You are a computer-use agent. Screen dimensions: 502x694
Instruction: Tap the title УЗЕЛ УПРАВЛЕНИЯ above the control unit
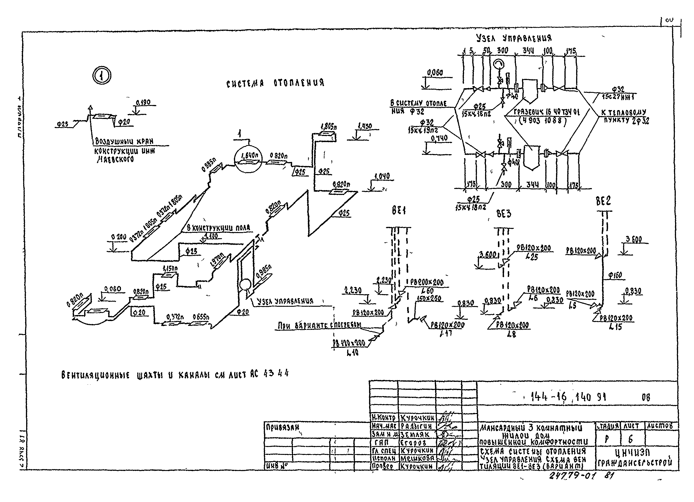pyautogui.click(x=514, y=38)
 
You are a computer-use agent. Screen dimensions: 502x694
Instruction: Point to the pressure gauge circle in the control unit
pyautogui.click(x=499, y=64)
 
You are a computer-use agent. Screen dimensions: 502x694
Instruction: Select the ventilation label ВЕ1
pyautogui.click(x=398, y=211)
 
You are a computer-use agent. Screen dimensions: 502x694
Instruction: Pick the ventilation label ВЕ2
pyautogui.click(x=603, y=201)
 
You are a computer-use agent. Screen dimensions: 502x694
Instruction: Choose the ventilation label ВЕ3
pyautogui.click(x=504, y=214)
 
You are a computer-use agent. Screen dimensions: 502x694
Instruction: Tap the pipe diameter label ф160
pyautogui.click(x=615, y=275)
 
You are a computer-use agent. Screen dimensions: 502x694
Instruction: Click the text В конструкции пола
pyautogui.click(x=218, y=228)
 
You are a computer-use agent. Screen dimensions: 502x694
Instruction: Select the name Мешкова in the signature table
pyautogui.click(x=417, y=459)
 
